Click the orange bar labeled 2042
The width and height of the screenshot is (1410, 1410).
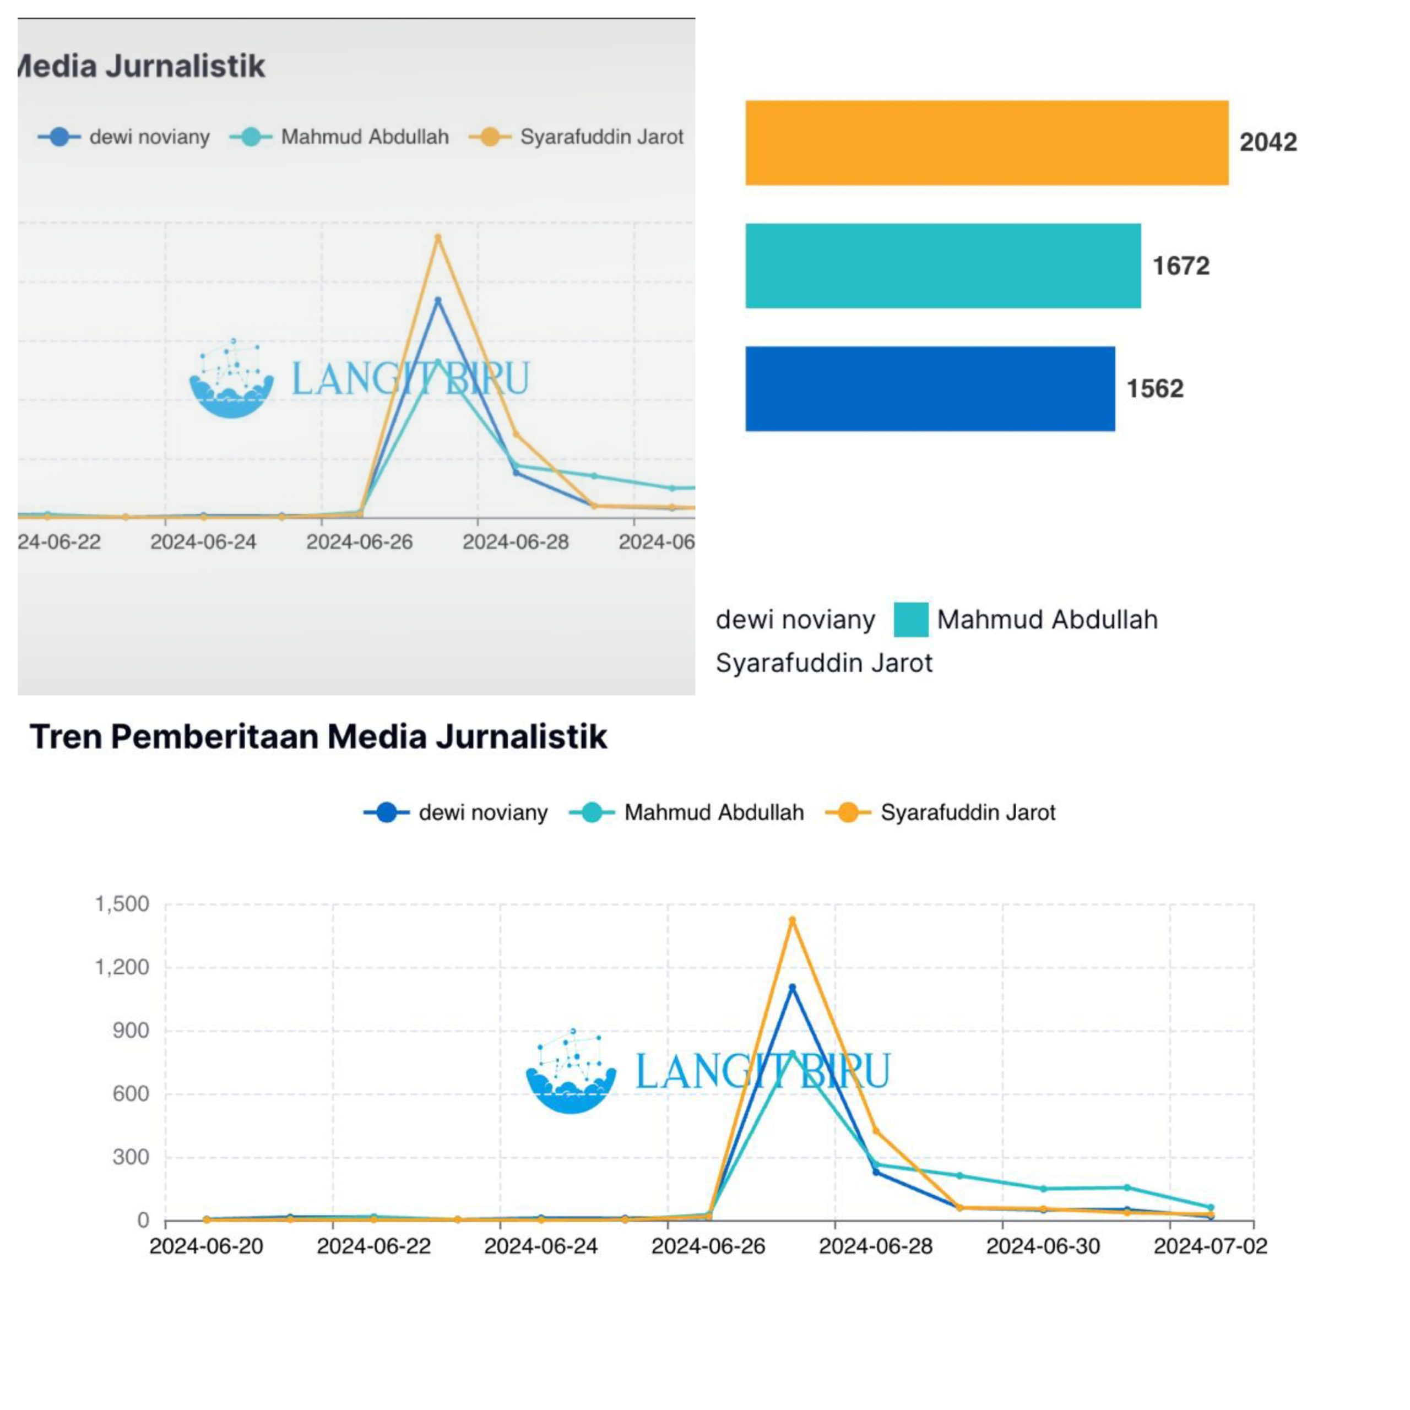click(x=986, y=143)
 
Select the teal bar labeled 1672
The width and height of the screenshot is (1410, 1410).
click(x=942, y=265)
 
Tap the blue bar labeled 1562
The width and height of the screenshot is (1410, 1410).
click(x=929, y=388)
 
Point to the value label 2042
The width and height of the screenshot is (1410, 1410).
click(x=1268, y=142)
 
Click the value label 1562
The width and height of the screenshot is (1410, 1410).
click(x=1154, y=388)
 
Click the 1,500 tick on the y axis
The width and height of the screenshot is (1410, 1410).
click(x=122, y=904)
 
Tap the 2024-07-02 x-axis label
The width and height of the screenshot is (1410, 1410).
click(x=1210, y=1246)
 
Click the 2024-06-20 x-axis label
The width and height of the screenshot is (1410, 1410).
click(x=206, y=1246)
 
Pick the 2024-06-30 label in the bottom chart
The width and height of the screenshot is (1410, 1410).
click(x=1043, y=1246)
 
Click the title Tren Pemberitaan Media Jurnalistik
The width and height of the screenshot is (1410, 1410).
click(x=318, y=736)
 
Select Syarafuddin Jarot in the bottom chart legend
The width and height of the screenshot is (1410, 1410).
click(x=967, y=812)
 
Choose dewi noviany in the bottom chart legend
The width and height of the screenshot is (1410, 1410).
click(x=482, y=812)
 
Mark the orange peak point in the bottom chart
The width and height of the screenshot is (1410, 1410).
click(x=793, y=920)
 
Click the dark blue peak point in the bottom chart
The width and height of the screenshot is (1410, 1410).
click(x=793, y=988)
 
